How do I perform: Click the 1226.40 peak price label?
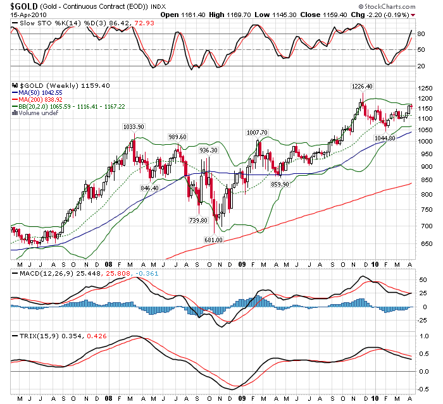pos(362,86)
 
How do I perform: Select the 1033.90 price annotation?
pos(134,126)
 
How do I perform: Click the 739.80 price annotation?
pos(197,220)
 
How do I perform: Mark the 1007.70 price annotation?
pos(258,132)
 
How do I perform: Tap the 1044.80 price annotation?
pos(384,138)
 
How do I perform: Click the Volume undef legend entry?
pos(37,113)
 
